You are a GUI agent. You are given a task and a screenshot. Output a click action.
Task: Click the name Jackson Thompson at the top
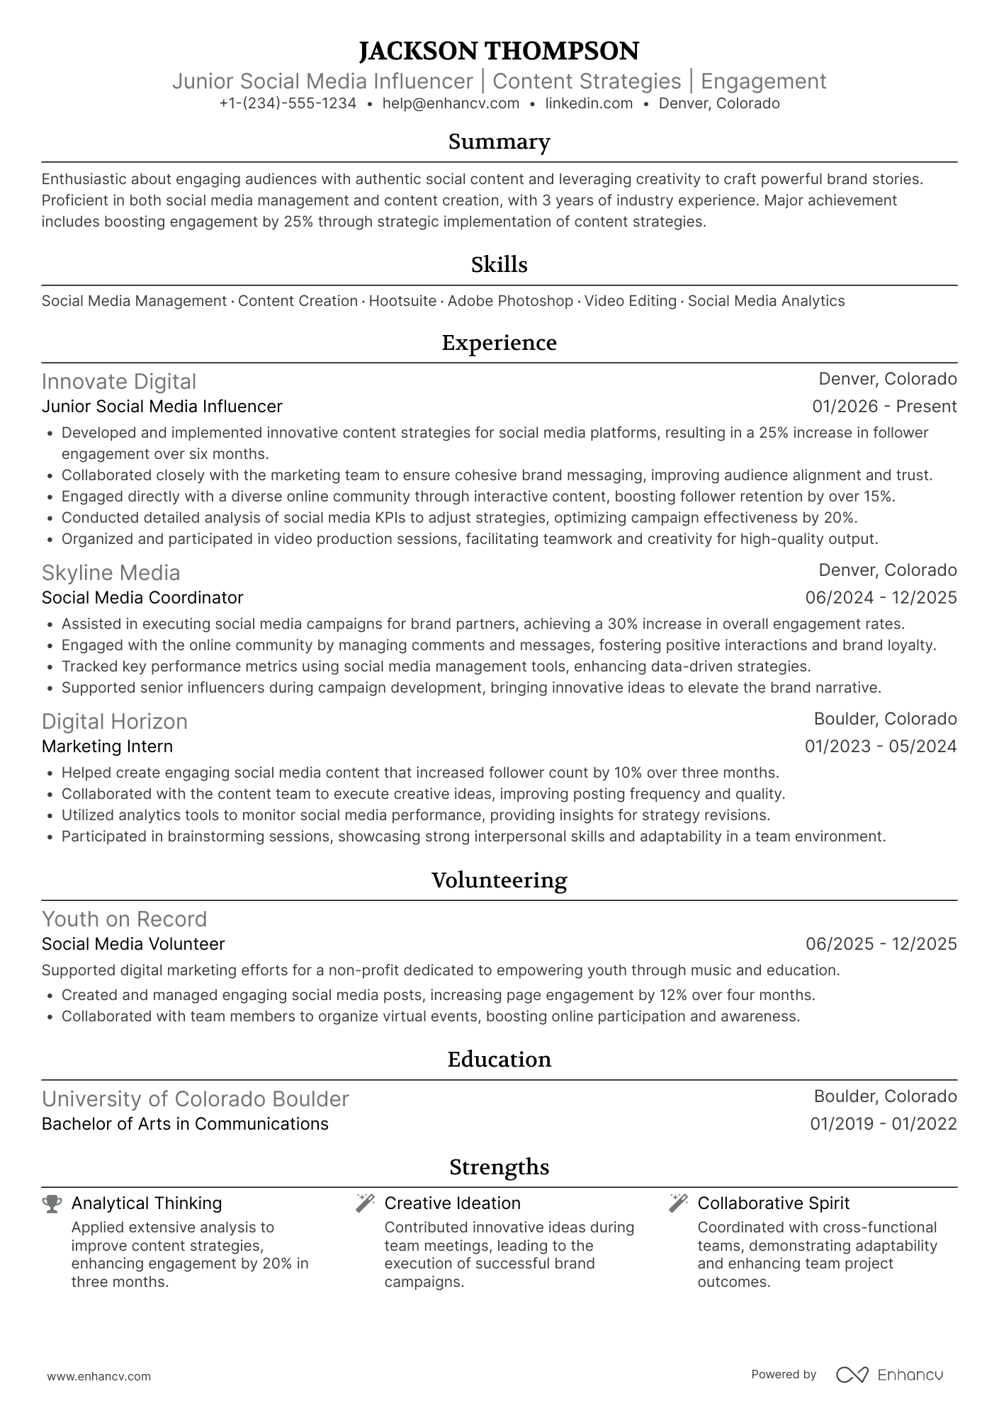[x=499, y=51]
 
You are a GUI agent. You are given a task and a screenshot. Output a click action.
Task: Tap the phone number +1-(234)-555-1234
[x=288, y=103]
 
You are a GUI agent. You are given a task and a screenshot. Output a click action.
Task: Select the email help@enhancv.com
[x=451, y=103]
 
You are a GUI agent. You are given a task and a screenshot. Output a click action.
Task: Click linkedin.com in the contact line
[x=589, y=103]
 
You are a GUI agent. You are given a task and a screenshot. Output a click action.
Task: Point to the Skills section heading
[x=499, y=265]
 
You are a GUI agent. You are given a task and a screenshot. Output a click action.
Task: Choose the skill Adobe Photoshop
[x=510, y=301]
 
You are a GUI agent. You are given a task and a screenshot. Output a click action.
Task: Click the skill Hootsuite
[x=402, y=301]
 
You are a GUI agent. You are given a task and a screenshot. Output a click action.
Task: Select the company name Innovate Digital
[x=118, y=382]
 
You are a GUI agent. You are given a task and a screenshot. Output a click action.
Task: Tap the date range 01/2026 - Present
[x=884, y=407]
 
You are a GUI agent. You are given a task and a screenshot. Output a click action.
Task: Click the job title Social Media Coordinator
[x=142, y=598]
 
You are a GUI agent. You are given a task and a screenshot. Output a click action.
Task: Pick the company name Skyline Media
[x=111, y=573]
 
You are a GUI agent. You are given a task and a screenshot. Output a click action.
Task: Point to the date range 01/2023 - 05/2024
[x=881, y=747]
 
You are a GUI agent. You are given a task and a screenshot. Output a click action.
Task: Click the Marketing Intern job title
[x=107, y=747]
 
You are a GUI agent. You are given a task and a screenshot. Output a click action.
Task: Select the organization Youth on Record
[x=124, y=919]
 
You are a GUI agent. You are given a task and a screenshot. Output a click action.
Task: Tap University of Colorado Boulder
[x=195, y=1099]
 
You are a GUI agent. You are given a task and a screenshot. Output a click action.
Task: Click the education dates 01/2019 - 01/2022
[x=884, y=1124]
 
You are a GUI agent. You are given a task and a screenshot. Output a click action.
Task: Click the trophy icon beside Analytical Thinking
[x=52, y=1203]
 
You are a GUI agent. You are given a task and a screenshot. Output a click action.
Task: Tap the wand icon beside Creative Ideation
[x=365, y=1203]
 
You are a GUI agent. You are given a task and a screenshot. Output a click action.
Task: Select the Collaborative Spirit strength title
[x=773, y=1203]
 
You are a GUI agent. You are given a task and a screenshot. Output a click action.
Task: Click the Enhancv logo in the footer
[x=889, y=1375]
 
